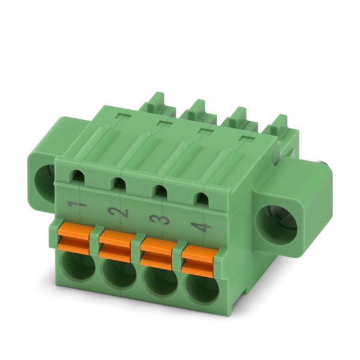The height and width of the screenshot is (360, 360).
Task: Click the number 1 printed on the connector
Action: pos(76,204)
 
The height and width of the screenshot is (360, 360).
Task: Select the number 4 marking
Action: pos(200,227)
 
